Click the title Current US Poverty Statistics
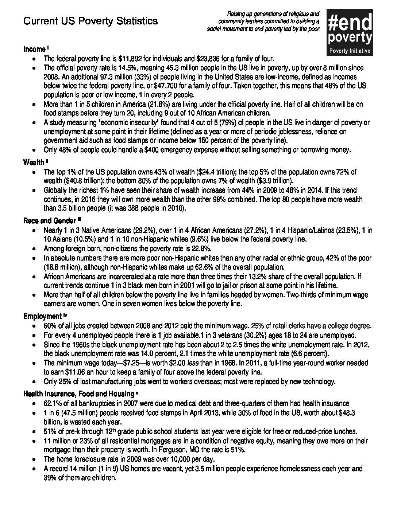[90, 21]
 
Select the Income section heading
[34, 49]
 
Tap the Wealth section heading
[34, 162]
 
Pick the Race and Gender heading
[50, 221]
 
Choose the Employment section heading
[42, 316]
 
